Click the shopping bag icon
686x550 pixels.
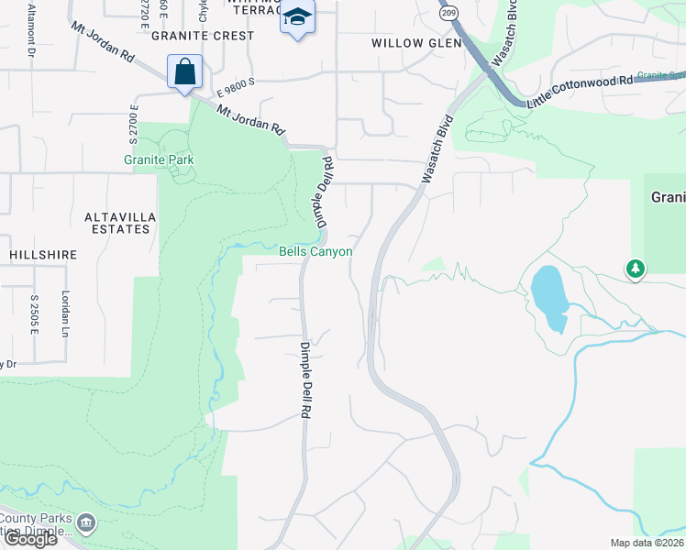(184, 71)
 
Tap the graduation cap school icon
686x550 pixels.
(298, 17)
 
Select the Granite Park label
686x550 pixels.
(153, 159)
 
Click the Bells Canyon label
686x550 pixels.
(315, 251)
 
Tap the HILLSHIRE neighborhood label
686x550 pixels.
(43, 254)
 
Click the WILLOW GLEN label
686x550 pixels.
(410, 43)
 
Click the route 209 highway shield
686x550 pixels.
(448, 14)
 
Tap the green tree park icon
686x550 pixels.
(635, 269)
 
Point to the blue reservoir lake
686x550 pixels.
(548, 298)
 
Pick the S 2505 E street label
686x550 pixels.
(34, 313)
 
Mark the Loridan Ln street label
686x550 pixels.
(65, 311)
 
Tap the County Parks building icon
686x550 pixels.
(85, 524)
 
